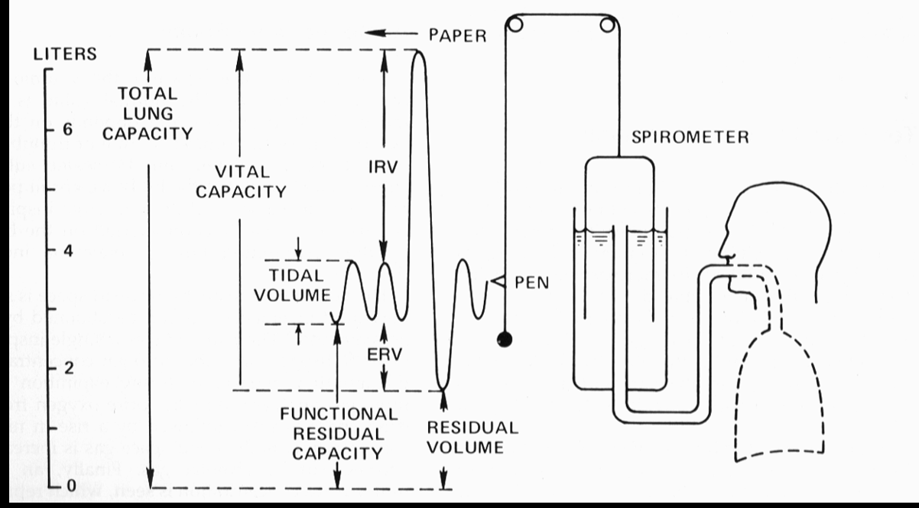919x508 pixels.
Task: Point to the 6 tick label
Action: pyautogui.click(x=67, y=131)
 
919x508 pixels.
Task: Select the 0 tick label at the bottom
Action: pyautogui.click(x=67, y=487)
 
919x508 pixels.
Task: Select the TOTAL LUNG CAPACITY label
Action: pyautogui.click(x=148, y=113)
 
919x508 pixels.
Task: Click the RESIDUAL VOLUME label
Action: pyautogui.click(x=461, y=438)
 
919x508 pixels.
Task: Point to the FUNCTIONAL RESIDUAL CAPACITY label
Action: pyautogui.click(x=339, y=433)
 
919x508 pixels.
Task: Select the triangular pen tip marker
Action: pyautogui.click(x=497, y=283)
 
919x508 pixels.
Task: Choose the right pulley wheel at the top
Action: pyautogui.click(x=609, y=25)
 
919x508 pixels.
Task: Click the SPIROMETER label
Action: pyautogui.click(x=690, y=138)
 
